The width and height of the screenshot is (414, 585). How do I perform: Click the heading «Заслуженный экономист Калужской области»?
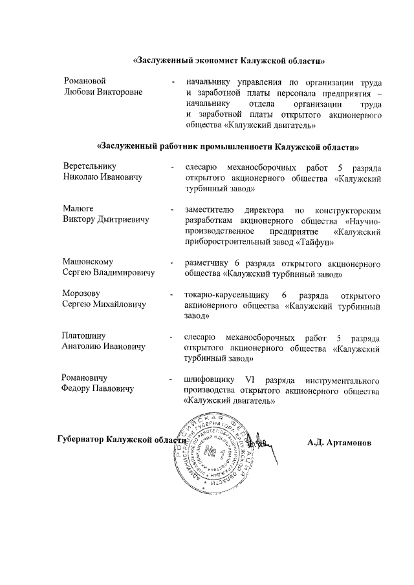tap(228, 61)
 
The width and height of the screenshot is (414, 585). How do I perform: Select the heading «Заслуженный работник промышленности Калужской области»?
tap(227, 147)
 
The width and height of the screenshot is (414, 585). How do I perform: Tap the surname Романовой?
tap(84, 82)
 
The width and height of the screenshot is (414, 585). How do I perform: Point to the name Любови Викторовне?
tap(102, 92)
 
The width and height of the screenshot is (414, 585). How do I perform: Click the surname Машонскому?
tap(87, 262)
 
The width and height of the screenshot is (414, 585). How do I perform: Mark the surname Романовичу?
tap(84, 378)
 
